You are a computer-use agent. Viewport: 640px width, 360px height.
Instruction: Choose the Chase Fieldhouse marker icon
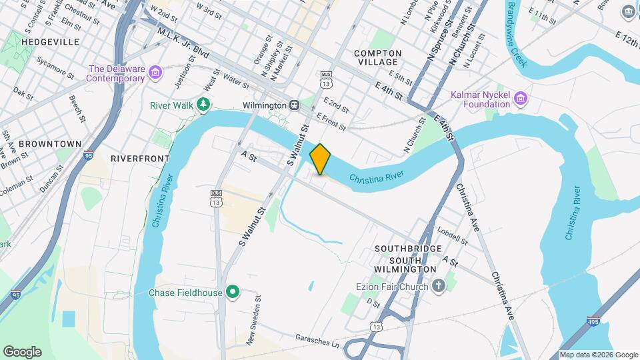click(233, 292)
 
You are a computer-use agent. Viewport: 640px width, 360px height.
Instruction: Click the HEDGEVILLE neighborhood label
click(50, 41)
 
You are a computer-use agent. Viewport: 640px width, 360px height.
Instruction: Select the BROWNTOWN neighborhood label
click(50, 143)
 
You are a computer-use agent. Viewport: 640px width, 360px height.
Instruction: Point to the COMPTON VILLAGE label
click(378, 57)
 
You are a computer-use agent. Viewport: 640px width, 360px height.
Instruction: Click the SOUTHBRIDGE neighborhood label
click(408, 249)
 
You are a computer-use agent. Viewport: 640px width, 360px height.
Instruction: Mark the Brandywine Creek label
click(517, 33)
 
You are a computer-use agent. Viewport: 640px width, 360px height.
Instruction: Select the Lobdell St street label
click(453, 234)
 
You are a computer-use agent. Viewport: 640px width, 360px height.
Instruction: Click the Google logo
click(22, 351)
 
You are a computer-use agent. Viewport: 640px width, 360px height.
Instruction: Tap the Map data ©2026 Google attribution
click(598, 355)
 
